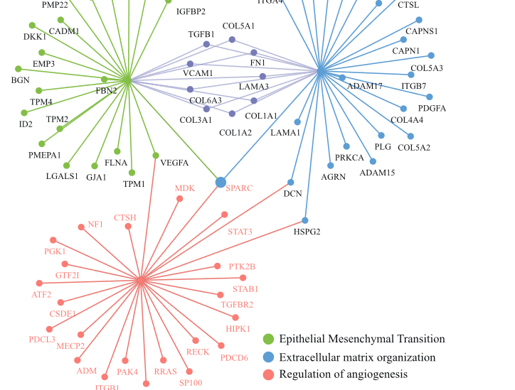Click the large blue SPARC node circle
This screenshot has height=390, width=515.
click(221, 183)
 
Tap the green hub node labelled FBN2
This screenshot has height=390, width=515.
click(127, 80)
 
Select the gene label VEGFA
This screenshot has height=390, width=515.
click(174, 163)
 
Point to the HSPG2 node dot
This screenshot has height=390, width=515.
click(305, 220)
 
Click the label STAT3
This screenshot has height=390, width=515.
click(240, 232)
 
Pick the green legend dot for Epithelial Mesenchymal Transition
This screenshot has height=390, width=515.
click(268, 339)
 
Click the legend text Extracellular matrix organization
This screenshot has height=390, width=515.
click(357, 357)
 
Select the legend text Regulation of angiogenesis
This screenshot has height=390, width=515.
click(344, 374)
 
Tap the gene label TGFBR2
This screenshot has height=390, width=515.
click(237, 305)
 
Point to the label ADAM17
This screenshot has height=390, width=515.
click(365, 86)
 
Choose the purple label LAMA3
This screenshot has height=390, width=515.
click(254, 87)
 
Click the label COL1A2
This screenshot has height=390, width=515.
click(235, 132)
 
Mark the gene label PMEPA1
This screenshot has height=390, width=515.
click(45, 155)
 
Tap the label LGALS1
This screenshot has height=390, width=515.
click(63, 176)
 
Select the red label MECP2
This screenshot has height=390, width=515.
click(70, 346)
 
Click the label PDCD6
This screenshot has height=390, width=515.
click(234, 357)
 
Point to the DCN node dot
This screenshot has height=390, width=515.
click(291, 183)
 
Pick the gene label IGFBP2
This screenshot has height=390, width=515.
click(191, 11)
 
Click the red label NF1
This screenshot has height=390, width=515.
click(95, 224)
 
